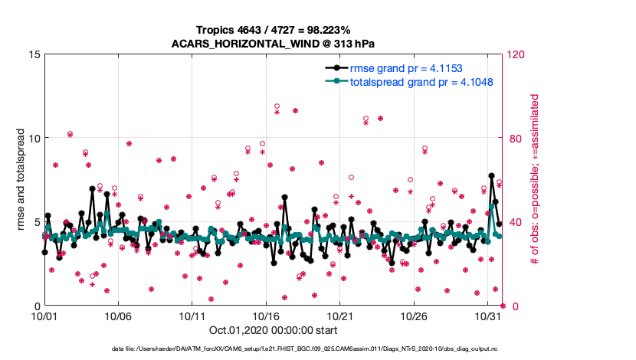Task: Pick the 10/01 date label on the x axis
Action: point(44,316)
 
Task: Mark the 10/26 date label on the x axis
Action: point(415,316)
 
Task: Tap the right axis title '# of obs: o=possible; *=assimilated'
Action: point(535,180)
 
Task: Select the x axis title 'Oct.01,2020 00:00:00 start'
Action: point(271,330)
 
